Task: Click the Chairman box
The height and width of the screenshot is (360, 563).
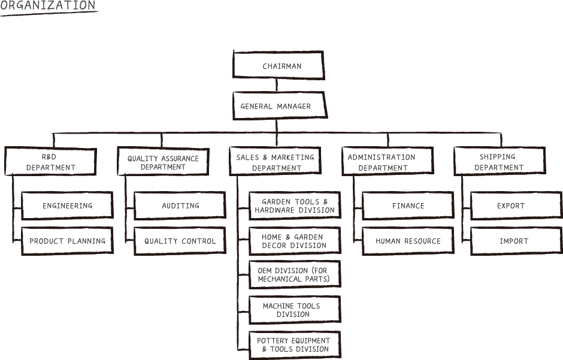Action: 279,65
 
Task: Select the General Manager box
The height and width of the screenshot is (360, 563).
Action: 280,105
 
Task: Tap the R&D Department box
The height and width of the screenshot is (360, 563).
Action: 51,161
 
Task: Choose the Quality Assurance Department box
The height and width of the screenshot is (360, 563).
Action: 164,162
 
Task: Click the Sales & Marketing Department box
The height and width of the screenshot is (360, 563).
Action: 276,161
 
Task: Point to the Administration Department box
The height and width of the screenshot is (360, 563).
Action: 388,161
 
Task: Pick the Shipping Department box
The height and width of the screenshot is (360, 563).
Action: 500,161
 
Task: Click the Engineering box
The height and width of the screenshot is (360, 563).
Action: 68,205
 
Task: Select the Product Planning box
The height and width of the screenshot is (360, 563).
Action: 68,241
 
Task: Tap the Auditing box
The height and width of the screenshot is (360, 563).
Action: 180,205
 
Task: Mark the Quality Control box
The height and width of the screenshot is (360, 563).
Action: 180,241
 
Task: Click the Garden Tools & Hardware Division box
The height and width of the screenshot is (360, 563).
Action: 295,205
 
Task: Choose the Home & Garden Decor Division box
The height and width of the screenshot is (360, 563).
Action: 295,241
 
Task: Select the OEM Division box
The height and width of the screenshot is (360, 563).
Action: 295,274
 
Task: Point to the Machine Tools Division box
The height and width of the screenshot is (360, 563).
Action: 295,310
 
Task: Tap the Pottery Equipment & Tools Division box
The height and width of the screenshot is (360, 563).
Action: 295,345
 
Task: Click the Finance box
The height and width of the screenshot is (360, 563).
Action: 408,205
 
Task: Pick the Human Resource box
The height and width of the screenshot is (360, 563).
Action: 408,241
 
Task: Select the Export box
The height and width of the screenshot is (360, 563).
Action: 517,205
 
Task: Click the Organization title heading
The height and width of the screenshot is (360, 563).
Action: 48,6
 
